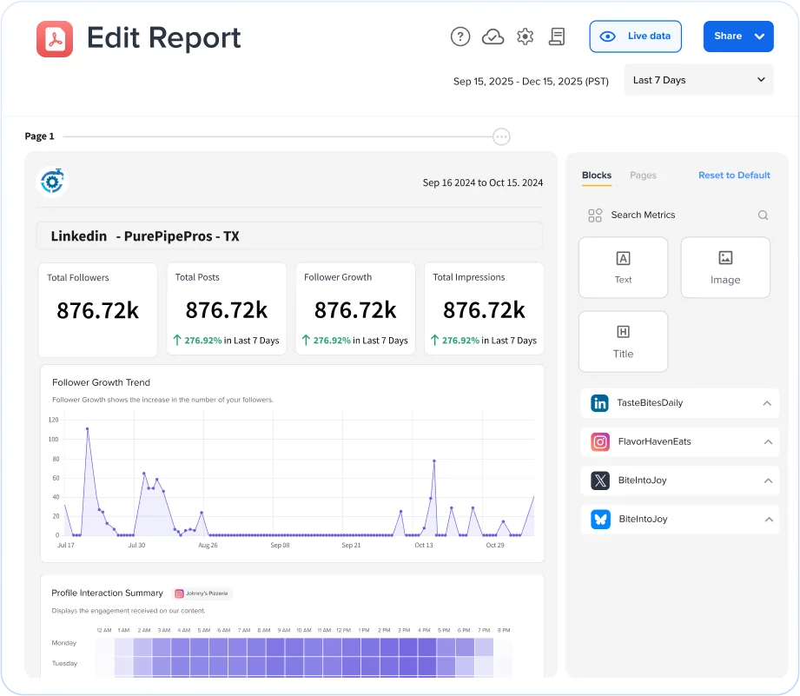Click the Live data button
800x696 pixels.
635,36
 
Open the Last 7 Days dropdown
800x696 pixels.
698,80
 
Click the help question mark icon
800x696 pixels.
460,36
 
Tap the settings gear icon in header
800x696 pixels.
525,36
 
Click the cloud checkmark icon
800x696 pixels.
493,36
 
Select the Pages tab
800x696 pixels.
643,176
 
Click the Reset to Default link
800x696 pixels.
734,176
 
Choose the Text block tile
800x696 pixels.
623,268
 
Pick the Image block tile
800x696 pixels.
724,268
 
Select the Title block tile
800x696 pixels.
623,341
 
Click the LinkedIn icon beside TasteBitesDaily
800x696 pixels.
600,403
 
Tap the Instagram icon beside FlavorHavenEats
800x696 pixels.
600,442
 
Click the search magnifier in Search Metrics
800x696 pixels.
763,215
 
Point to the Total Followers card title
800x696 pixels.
78,278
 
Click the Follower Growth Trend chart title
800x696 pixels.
101,382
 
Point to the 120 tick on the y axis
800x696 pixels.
53,420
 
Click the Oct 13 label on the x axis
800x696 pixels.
423,546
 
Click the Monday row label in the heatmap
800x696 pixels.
64,643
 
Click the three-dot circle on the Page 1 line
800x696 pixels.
501,136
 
